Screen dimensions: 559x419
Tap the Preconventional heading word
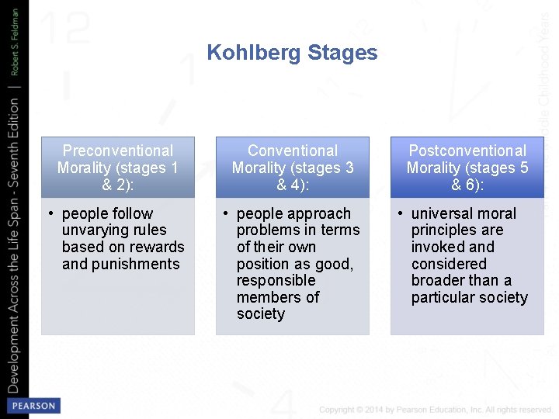coord(118,151)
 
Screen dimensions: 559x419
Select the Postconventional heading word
coord(467,151)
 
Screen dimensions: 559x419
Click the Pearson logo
coord(32,406)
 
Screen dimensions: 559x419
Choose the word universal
coord(443,213)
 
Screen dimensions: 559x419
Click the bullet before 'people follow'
coord(50,213)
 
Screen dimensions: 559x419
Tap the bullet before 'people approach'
coord(224,213)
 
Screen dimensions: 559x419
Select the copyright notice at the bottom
coord(435,410)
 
